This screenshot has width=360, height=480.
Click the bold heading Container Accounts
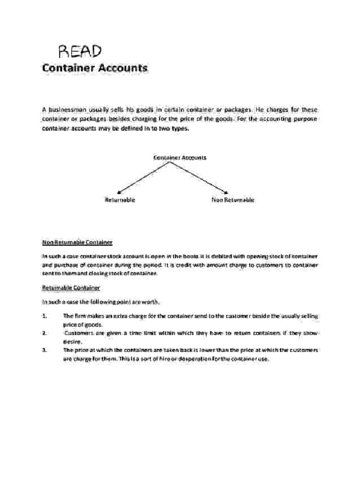95,68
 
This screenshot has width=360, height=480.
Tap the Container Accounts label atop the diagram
180,157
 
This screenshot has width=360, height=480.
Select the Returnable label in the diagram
120,200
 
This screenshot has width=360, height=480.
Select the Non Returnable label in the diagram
233,200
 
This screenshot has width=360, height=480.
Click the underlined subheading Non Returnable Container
77,242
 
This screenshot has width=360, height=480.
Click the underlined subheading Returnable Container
71,287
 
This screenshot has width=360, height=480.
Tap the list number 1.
44,316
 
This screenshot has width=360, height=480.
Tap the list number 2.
44,333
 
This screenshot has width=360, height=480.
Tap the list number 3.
44,350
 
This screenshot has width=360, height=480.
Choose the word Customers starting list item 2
79,333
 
